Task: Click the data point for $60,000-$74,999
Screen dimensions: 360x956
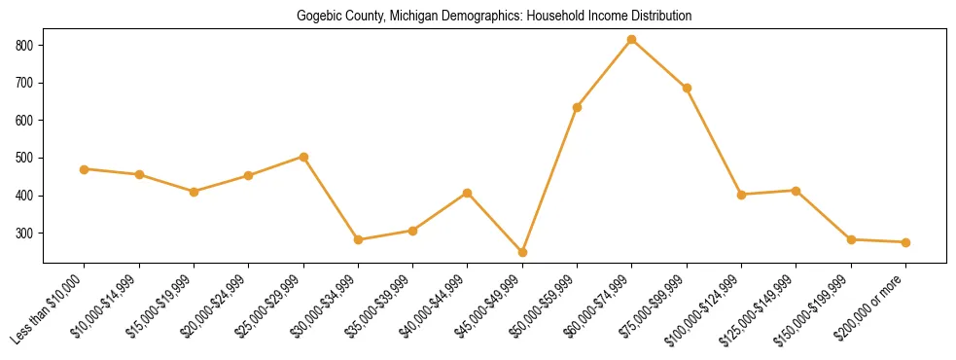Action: pyautogui.click(x=632, y=40)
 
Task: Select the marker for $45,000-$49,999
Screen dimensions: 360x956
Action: pyautogui.click(x=522, y=253)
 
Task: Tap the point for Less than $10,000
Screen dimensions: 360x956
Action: pyautogui.click(x=85, y=169)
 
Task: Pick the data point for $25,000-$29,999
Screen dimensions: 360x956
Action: pyautogui.click(x=303, y=157)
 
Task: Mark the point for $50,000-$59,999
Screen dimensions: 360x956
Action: pyautogui.click(x=577, y=107)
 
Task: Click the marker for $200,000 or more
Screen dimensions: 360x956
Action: pyautogui.click(x=905, y=242)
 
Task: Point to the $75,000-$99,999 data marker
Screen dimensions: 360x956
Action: pyautogui.click(x=687, y=88)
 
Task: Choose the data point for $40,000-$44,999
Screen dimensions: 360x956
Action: pyautogui.click(x=468, y=193)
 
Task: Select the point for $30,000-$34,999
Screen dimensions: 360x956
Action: pyautogui.click(x=358, y=239)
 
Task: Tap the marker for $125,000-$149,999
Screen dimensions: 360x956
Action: pyautogui.click(x=796, y=191)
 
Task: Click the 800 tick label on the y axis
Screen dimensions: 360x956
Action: pyautogui.click(x=25, y=46)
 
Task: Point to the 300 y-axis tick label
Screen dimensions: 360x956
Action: pyautogui.click(x=25, y=234)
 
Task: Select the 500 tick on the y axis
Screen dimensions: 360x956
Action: pyautogui.click(x=25, y=159)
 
